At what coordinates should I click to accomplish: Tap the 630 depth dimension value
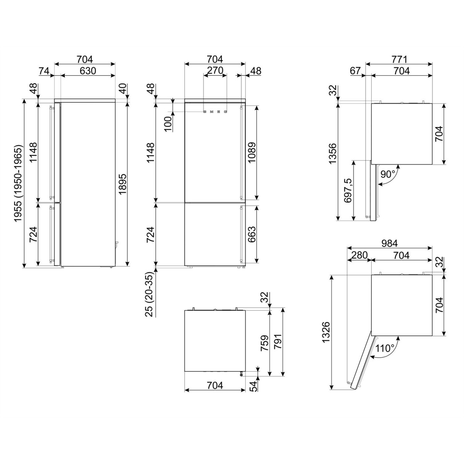pos(88,71)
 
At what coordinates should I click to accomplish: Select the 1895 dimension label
pos(123,184)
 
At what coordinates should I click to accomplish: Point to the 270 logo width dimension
pos(215,71)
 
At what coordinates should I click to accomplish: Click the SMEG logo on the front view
pos(215,112)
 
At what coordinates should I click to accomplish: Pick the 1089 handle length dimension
pos(252,153)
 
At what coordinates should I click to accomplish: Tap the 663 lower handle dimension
pos(252,234)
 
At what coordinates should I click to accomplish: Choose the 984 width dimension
pos(389,244)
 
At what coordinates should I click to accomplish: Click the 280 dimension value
pos(359,255)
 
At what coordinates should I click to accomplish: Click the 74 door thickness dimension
pos(44,71)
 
